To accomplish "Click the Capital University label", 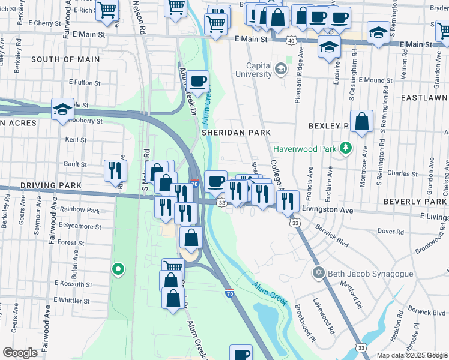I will tap(246, 70).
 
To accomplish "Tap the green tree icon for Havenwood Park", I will tap(345, 148).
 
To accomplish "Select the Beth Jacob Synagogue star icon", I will tap(319, 274).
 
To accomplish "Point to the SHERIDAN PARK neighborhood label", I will tap(236, 132).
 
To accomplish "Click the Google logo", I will tap(20, 353).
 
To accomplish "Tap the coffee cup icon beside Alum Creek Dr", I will tap(197, 81).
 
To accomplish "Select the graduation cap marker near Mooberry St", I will tap(62, 109).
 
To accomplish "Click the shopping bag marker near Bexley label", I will tap(362, 121).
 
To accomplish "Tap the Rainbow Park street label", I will tap(83, 211).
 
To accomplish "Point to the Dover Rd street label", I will tap(390, 231).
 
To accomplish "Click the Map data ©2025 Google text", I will tap(411, 355).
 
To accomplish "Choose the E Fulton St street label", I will tap(88, 82).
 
